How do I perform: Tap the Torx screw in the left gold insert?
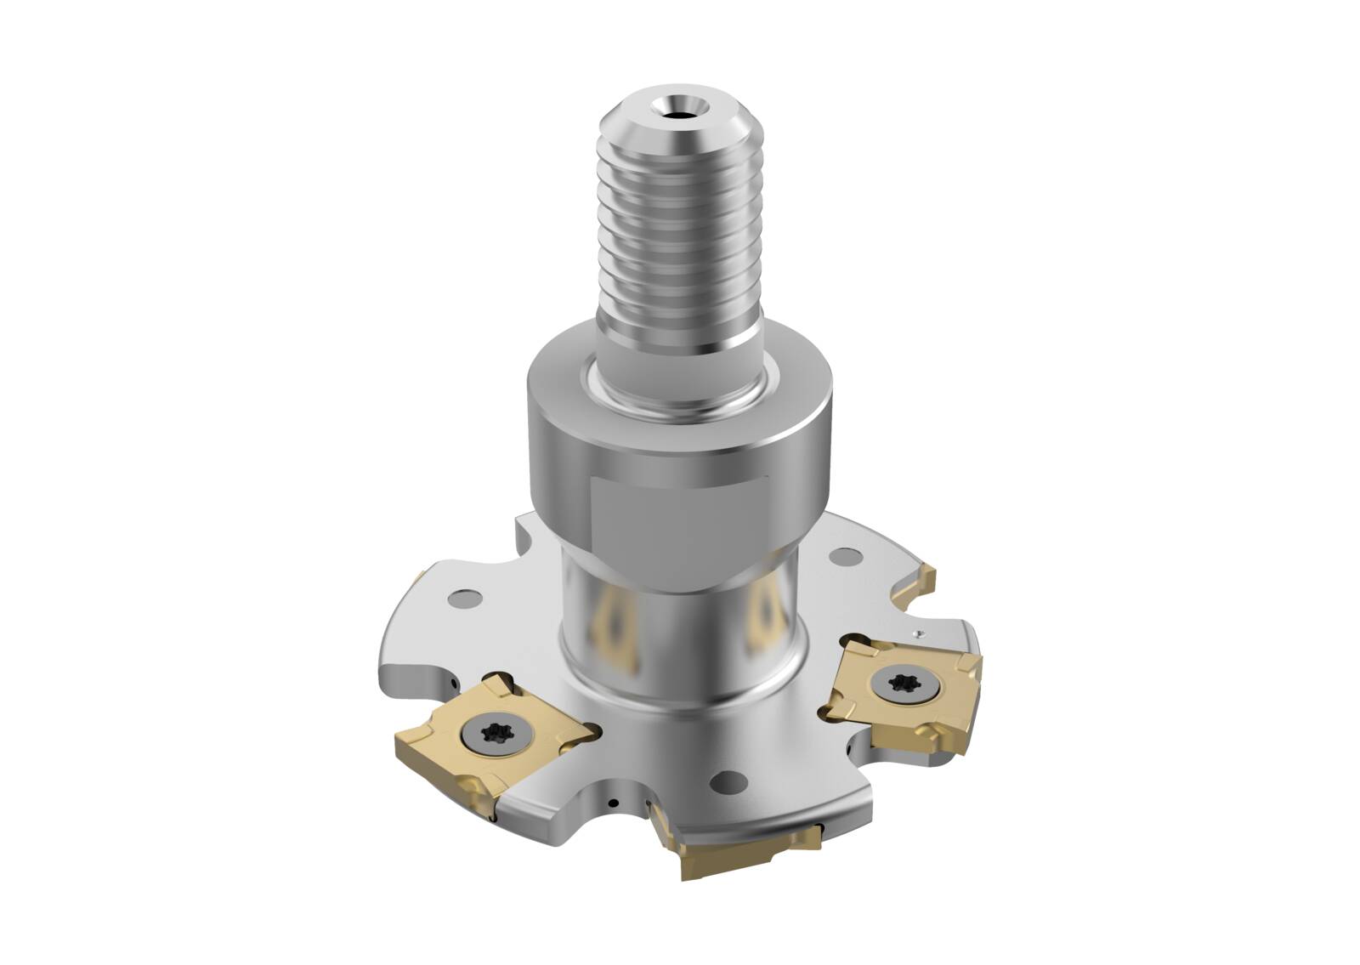(x=496, y=733)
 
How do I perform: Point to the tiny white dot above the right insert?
(x=920, y=633)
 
